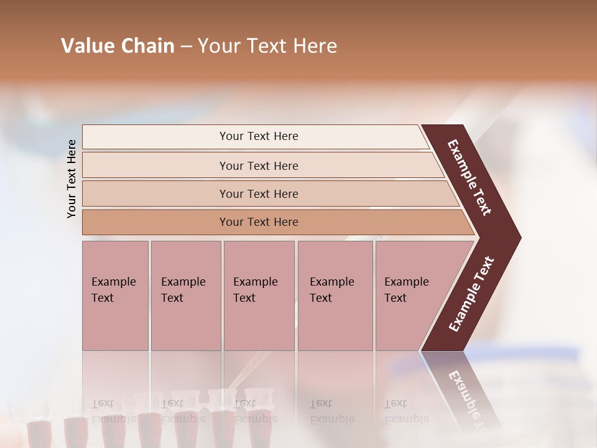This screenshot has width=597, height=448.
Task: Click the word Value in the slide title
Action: tap(86, 46)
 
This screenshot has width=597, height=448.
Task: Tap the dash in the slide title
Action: tap(186, 47)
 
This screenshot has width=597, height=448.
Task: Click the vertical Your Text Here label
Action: tap(72, 179)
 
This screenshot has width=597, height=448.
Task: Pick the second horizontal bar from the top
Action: tap(259, 166)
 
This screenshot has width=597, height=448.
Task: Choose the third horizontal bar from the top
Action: tap(259, 194)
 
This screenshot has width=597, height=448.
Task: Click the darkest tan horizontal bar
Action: tap(259, 222)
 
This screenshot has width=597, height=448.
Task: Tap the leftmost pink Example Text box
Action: tap(115, 296)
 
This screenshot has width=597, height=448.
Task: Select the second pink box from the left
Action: tap(185, 296)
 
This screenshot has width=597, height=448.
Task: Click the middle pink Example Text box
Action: tap(259, 296)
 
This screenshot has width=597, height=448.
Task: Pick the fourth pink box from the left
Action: tap(335, 296)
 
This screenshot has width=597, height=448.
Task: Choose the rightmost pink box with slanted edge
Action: tap(410, 296)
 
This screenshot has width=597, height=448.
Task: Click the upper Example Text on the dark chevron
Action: tap(470, 178)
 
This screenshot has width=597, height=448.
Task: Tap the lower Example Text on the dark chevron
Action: tap(471, 294)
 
